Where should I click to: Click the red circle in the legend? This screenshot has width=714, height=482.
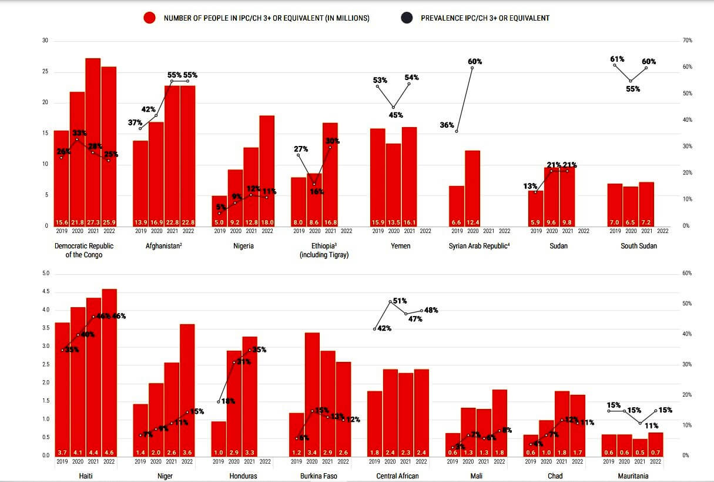tap(149, 18)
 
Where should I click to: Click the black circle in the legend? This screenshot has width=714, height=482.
tap(407, 18)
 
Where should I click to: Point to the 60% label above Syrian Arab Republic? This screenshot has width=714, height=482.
tap(475, 62)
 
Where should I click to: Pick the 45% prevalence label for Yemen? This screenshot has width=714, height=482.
tap(395, 115)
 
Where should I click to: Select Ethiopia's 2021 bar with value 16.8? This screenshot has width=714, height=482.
tap(330, 174)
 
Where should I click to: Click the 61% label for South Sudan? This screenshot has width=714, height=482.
tap(617, 59)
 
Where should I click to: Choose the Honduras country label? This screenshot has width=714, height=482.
tap(243, 476)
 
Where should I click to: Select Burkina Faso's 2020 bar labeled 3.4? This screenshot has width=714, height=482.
tap(313, 394)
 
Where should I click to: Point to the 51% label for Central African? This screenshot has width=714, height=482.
tap(400, 301)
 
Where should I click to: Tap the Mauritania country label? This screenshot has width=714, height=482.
tap(633, 476)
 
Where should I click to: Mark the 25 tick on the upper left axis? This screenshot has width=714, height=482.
tap(45, 72)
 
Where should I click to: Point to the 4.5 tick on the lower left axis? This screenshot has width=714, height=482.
tap(46, 292)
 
